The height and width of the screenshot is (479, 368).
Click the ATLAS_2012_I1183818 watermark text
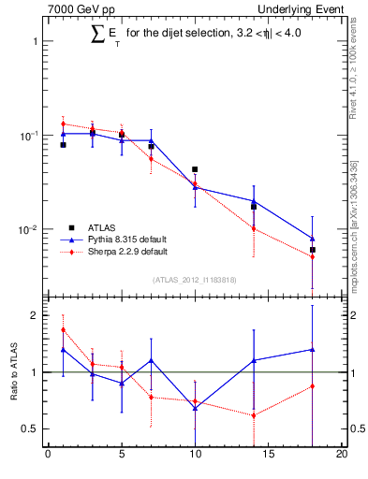coord(195,280)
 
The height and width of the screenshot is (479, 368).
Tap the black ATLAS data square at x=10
coord(195,169)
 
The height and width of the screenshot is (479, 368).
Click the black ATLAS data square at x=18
coord(313,250)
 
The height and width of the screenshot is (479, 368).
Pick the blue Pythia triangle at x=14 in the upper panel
coord(254,200)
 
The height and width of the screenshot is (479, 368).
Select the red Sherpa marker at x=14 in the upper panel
coord(254,228)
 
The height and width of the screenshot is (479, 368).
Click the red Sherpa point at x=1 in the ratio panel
coord(63,329)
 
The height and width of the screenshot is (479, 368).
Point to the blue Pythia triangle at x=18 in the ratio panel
coord(313,349)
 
